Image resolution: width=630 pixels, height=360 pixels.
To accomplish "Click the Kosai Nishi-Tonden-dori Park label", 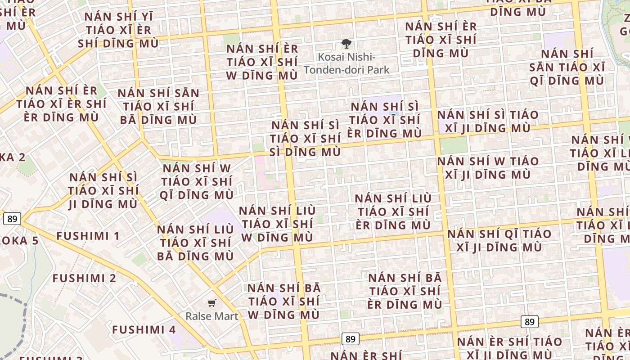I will click(x=346, y=63).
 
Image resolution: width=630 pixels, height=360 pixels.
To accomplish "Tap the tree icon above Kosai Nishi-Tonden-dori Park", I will click(x=346, y=44).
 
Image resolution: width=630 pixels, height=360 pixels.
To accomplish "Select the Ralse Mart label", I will click(x=212, y=316).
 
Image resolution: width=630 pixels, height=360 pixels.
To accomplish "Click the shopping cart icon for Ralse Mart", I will click(x=212, y=303).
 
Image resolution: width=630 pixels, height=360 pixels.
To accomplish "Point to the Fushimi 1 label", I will click(x=88, y=236).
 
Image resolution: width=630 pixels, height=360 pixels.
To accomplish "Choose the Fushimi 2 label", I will click(x=85, y=278).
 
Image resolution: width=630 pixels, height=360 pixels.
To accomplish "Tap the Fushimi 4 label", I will click(x=144, y=329).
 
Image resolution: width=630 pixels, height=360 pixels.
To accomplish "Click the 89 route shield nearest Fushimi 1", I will click(x=12, y=219).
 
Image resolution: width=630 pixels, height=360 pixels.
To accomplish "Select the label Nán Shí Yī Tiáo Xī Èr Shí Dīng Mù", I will click(x=118, y=30).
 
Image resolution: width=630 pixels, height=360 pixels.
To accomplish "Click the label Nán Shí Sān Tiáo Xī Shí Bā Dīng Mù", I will click(x=158, y=107).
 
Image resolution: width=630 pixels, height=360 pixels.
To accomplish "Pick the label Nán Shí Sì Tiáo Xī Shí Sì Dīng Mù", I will click(x=306, y=138).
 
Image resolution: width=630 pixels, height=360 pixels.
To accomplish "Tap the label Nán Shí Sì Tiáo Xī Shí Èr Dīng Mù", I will click(x=385, y=120).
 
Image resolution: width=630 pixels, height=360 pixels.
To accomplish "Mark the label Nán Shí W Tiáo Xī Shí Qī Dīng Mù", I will click(x=197, y=181).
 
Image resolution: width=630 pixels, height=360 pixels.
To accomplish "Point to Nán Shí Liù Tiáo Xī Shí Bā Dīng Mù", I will click(x=195, y=243).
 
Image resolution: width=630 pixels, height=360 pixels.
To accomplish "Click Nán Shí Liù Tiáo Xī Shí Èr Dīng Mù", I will click(x=393, y=211).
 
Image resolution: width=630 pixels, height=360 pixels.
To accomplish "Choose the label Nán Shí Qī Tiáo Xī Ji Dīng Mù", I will click(x=499, y=240).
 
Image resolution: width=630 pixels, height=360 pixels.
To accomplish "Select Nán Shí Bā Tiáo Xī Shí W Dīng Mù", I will click(x=284, y=301).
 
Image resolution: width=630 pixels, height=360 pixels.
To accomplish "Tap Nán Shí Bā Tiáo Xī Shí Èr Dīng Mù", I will click(x=405, y=291).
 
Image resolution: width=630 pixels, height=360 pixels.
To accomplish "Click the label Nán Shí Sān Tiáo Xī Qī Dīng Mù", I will click(x=567, y=67).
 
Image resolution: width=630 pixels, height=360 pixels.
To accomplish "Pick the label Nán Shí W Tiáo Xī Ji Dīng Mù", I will click(x=488, y=167).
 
